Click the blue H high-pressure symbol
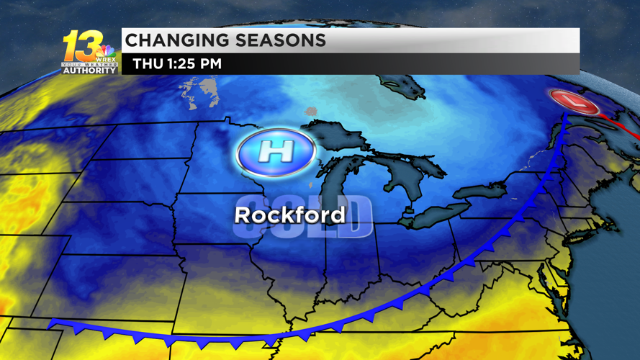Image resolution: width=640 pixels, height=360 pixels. point(276,152)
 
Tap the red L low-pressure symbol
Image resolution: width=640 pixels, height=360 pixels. point(574,101)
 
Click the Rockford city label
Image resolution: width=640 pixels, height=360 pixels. point(289,215)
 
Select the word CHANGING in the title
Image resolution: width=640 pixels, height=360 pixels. point(178,40)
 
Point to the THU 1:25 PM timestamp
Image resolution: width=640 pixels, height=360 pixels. point(177,64)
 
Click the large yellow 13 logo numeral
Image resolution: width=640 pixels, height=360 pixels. point(81,47)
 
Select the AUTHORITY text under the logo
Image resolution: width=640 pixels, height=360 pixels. point(89,71)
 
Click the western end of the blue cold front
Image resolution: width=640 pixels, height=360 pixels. point(52,325)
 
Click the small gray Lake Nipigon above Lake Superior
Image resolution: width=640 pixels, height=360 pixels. point(311,111)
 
